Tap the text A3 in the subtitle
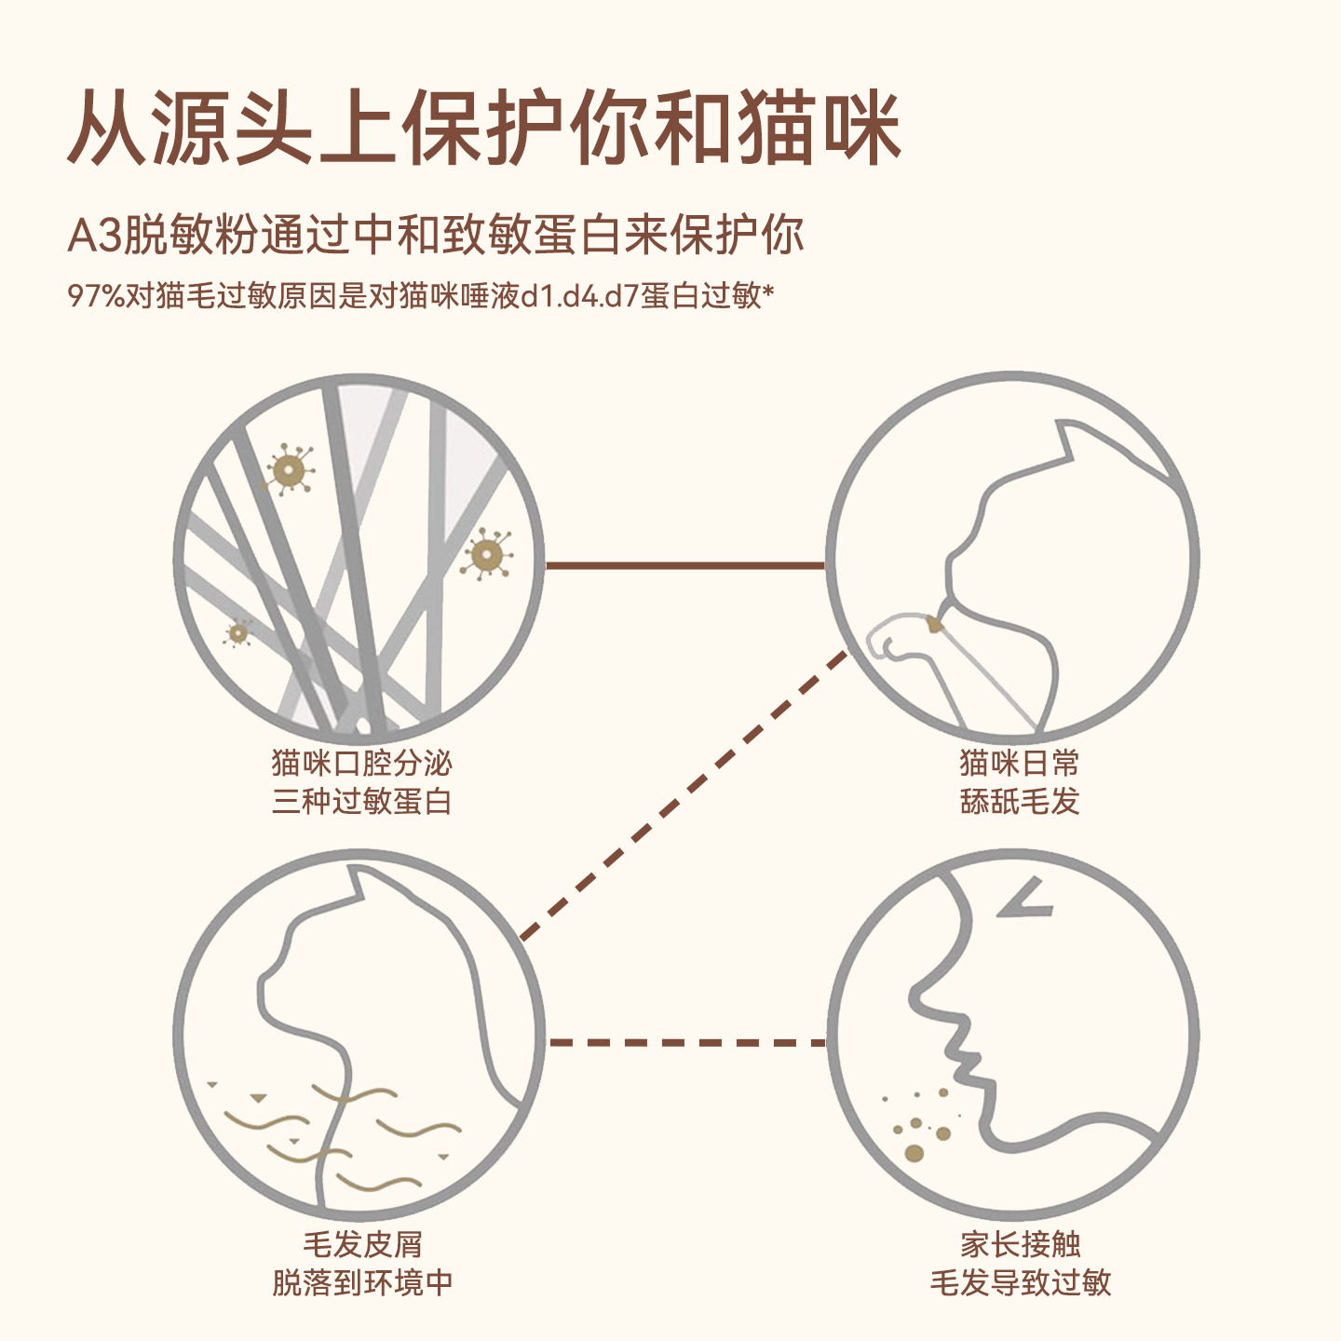click(95, 235)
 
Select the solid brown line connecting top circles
click(684, 564)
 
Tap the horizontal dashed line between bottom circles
click(686, 1042)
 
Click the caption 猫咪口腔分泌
click(361, 763)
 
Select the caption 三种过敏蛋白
click(361, 801)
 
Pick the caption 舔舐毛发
click(1019, 801)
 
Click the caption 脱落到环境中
click(361, 1282)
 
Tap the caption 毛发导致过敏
click(1020, 1282)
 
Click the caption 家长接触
click(1020, 1243)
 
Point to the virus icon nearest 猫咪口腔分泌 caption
click(238, 633)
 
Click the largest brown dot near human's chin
click(914, 1153)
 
